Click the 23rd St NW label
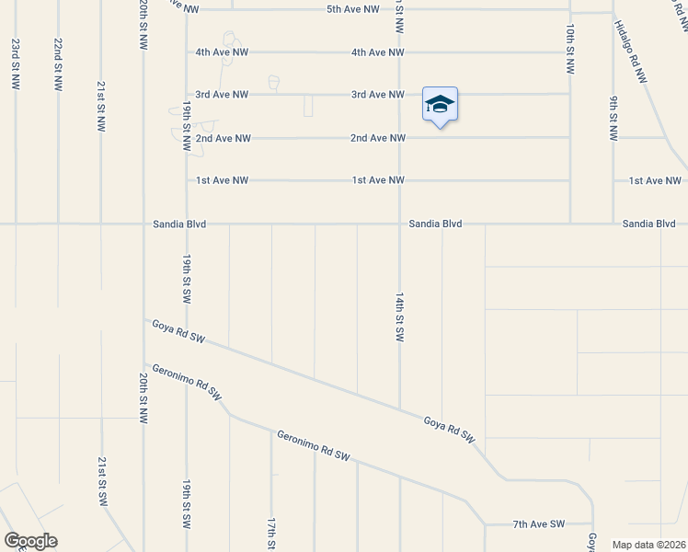click(x=16, y=63)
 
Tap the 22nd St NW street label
click(x=58, y=63)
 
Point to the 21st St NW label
click(x=100, y=106)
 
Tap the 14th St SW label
click(x=399, y=318)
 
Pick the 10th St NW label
click(x=570, y=50)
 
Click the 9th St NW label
click(x=613, y=118)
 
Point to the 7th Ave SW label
click(x=539, y=524)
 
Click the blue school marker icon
click(x=440, y=105)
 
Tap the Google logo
click(x=30, y=541)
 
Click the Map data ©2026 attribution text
click(x=649, y=545)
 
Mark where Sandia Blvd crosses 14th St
click(x=399, y=223)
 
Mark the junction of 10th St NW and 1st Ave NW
click(x=570, y=180)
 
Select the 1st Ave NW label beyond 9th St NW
click(x=655, y=181)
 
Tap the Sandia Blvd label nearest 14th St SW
click(x=435, y=224)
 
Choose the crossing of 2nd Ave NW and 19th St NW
click(x=186, y=138)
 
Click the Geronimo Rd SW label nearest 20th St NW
click(x=187, y=380)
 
